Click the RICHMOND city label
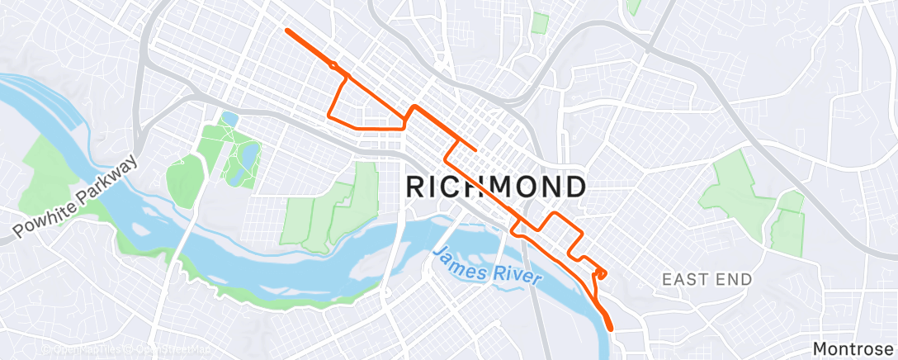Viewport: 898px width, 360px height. click(496, 187)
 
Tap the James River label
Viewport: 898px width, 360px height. click(487, 266)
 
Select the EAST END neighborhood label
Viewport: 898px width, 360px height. click(707, 280)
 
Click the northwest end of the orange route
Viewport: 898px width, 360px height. click(287, 31)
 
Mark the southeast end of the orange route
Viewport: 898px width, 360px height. click(612, 329)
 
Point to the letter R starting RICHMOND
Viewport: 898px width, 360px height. click(418, 187)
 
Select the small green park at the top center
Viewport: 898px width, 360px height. click(540, 22)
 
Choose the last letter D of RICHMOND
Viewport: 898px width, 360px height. click(574, 187)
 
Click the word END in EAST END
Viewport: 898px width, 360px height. click(734, 280)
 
